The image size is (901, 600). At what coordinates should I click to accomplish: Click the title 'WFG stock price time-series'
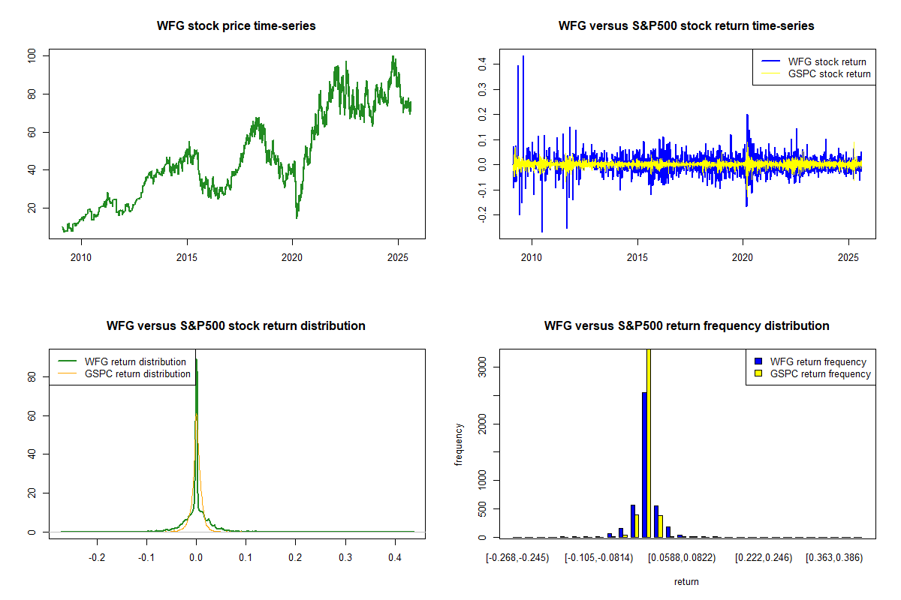[236, 26]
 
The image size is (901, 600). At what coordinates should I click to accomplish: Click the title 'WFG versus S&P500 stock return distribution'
[236, 326]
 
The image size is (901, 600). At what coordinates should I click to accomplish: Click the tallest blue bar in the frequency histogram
[644, 465]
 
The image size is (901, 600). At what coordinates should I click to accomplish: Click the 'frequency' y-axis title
[459, 444]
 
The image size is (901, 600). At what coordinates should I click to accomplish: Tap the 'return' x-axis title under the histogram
[686, 581]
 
